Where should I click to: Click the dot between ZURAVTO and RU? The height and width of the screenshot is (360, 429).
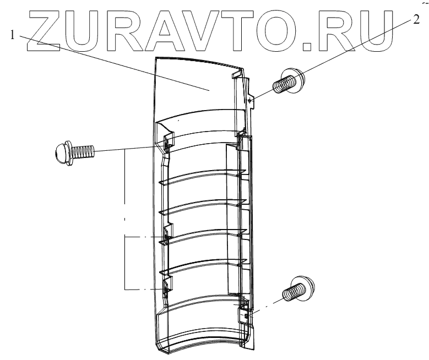click(307, 42)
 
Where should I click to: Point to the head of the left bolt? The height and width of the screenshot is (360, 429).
click(62, 149)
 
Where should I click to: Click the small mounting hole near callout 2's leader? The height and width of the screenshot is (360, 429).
click(251, 100)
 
